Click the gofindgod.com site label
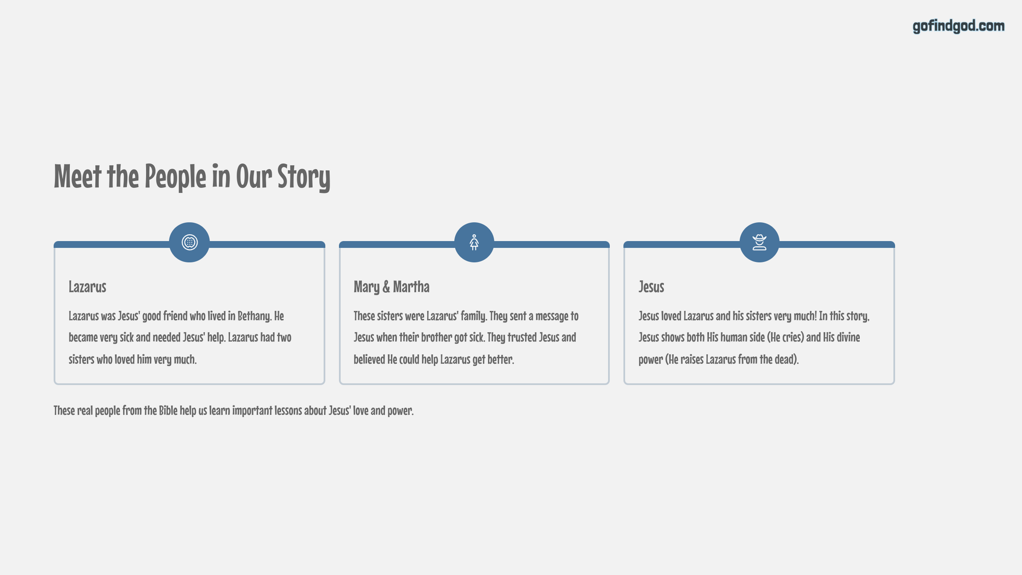point(959,26)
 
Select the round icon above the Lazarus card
point(190,242)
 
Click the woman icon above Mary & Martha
point(474,242)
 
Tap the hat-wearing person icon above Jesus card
point(760,242)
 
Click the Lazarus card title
point(87,287)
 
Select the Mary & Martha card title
point(391,287)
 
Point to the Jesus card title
point(651,287)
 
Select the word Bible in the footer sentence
point(168,410)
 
